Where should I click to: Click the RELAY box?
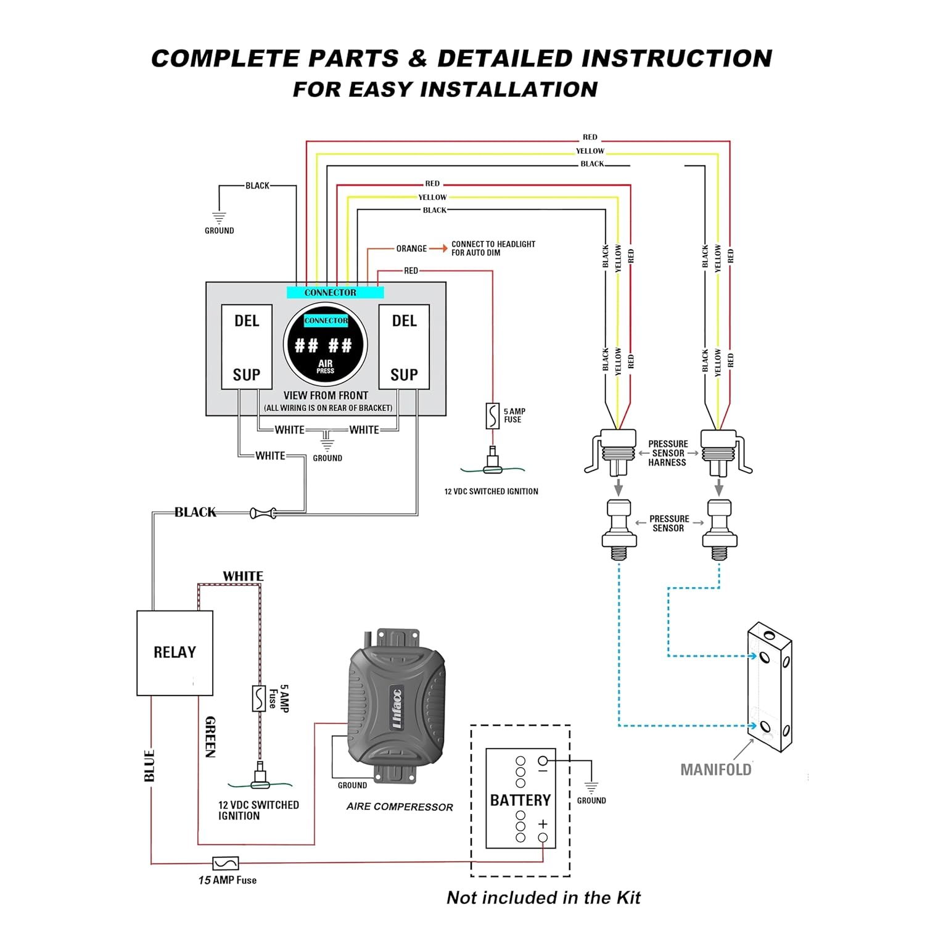click(x=175, y=652)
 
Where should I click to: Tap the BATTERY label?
click(x=520, y=800)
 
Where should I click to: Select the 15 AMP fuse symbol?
click(x=226, y=863)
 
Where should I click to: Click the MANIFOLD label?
click(x=715, y=770)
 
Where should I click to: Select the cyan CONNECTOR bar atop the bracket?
click(x=335, y=292)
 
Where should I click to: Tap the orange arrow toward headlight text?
click(x=438, y=248)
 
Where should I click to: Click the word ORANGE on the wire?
click(x=411, y=249)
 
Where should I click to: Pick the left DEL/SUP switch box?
click(x=247, y=347)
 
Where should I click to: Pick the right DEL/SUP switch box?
click(x=404, y=347)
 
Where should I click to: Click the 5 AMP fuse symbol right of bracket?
click(x=492, y=416)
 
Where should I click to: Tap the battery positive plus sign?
click(x=543, y=823)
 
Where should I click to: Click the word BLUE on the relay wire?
click(x=149, y=766)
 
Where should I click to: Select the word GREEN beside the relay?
click(x=210, y=737)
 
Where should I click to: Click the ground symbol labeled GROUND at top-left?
click(x=219, y=218)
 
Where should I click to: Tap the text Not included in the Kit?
click(x=543, y=897)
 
